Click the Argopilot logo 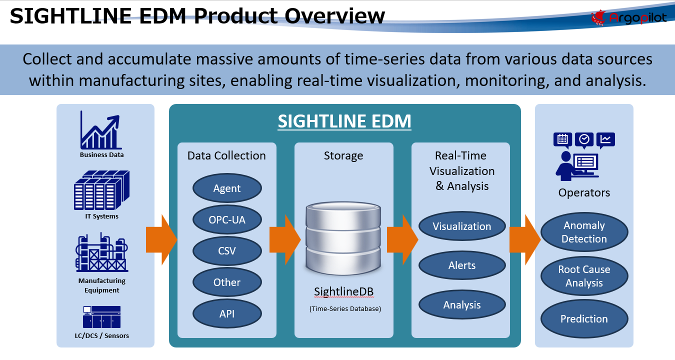tap(628, 18)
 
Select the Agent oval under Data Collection tap(227, 188)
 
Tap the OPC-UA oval tap(227, 219)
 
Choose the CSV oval tap(227, 251)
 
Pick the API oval tap(227, 314)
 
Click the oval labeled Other tap(227, 282)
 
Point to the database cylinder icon tap(344, 235)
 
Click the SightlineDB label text tap(344, 291)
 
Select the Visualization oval tap(462, 226)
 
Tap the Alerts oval tap(462, 265)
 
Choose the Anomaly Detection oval tap(584, 232)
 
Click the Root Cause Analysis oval tap(584, 276)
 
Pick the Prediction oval tap(584, 319)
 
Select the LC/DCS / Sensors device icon tap(101, 317)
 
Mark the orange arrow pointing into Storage tap(284, 240)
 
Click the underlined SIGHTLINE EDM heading tap(344, 121)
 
